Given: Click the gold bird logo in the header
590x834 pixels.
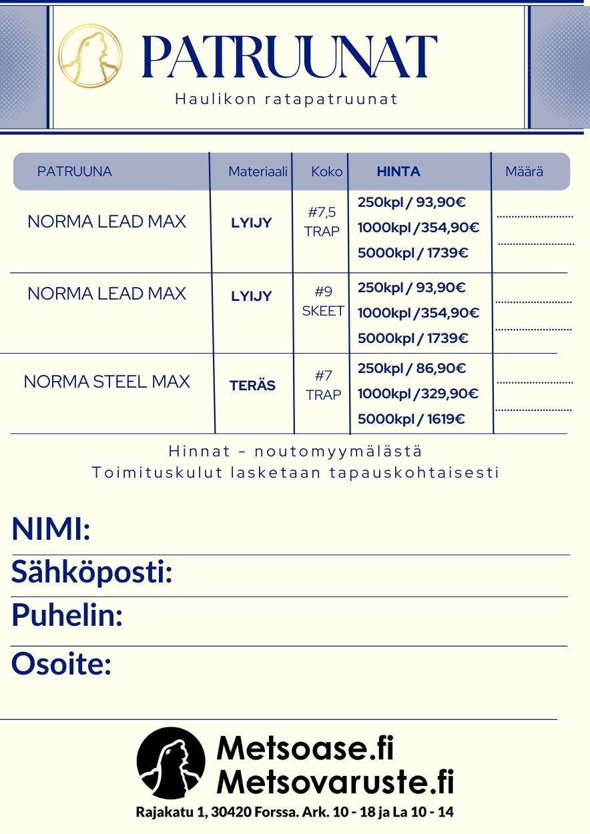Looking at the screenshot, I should [90, 56].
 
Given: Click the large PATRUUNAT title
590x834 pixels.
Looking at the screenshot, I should [290, 57].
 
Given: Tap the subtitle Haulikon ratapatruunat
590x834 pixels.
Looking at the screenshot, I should [286, 99].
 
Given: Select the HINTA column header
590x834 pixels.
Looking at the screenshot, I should [398, 171].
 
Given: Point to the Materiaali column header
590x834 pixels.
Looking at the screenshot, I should [258, 171].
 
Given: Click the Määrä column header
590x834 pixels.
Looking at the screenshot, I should [524, 171].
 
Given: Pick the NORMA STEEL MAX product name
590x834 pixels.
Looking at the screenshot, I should [107, 382].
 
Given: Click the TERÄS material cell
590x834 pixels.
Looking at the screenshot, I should [252, 386].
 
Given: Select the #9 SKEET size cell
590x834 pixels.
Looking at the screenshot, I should [323, 302].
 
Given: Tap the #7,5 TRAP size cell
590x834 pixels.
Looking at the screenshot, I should [322, 222].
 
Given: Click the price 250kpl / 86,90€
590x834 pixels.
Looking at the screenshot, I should [412, 368].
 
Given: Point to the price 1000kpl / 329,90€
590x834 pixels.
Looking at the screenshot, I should [418, 394].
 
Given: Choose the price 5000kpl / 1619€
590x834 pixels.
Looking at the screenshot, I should [411, 419].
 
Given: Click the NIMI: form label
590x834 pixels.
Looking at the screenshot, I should [51, 530].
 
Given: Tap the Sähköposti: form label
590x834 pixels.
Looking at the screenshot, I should [92, 572].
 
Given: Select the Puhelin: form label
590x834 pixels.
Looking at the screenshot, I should [67, 614].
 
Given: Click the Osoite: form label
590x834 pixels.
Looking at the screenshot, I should [61, 664].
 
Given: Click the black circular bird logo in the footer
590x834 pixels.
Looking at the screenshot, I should [171, 763].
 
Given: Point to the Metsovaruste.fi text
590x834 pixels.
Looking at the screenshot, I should [336, 781].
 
